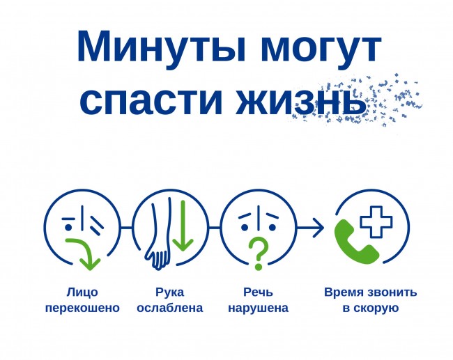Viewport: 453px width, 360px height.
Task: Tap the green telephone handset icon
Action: [356, 242]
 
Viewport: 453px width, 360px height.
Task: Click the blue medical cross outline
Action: [376, 222]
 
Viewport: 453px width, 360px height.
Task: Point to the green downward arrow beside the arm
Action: [183, 226]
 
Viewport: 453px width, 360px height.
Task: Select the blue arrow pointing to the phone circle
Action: [310, 228]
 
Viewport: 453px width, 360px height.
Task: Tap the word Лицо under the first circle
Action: [82, 292]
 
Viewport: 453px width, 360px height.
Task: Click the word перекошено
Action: [82, 308]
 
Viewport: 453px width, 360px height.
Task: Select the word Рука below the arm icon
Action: [170, 292]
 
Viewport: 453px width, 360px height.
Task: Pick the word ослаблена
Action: [170, 308]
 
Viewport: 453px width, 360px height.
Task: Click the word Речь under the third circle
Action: [258, 292]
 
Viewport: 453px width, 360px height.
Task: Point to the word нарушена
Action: [258, 308]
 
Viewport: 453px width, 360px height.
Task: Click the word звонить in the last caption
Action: [392, 292]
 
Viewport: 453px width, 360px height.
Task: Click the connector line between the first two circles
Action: [126, 228]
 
